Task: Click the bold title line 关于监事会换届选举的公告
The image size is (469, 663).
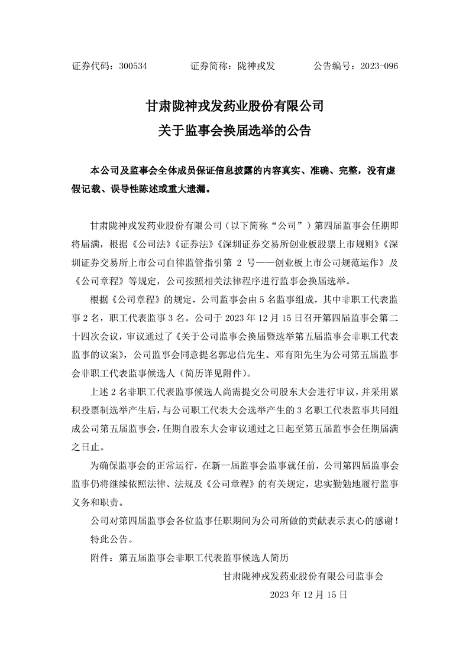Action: pyautogui.click(x=234, y=131)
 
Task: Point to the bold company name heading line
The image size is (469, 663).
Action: pyautogui.click(x=234, y=106)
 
